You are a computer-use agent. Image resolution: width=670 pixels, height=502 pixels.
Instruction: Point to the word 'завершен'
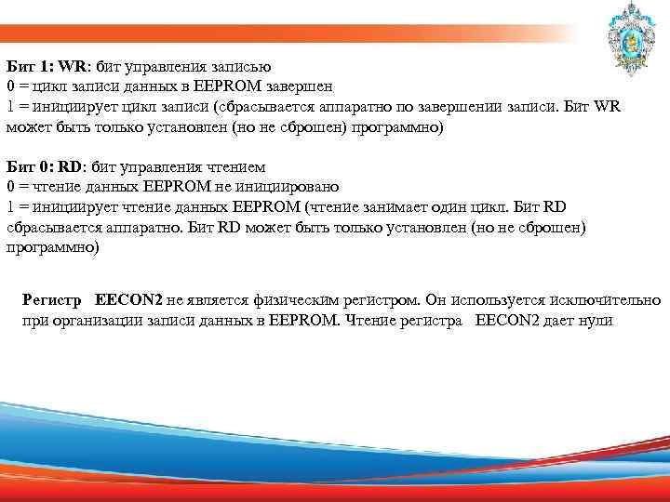(355, 87)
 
